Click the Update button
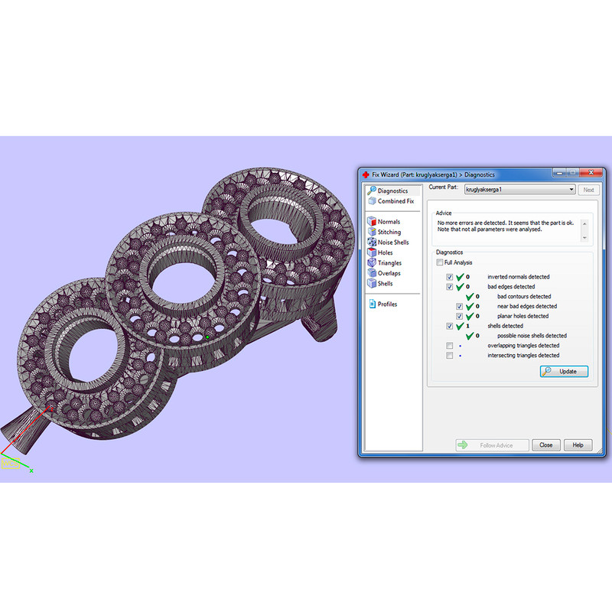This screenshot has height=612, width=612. click(564, 371)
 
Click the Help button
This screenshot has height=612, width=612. click(578, 445)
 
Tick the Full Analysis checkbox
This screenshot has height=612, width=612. click(440, 262)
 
